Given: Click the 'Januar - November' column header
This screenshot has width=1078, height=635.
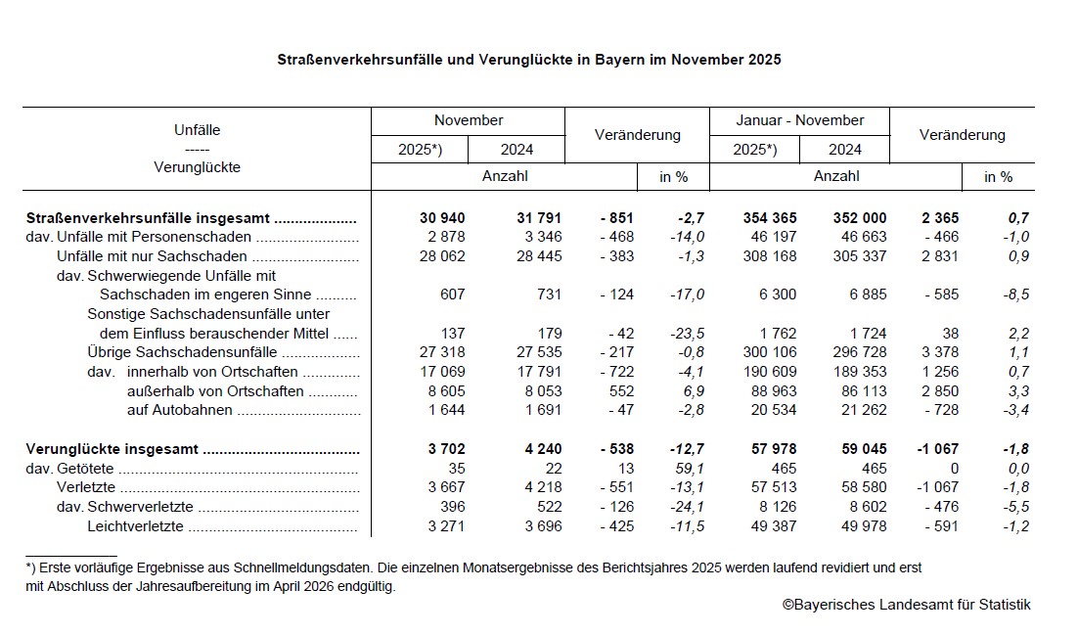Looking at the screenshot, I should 800,120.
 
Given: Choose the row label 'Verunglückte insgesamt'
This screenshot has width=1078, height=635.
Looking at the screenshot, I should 112,449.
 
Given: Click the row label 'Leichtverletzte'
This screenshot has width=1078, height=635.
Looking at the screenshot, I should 137,526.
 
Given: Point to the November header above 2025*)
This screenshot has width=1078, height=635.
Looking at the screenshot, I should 469,120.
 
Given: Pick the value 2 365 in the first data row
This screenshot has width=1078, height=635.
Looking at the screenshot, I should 936,218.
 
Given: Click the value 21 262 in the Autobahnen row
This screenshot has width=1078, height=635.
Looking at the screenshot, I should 860,410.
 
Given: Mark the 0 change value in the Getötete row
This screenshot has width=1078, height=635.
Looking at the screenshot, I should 955,469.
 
